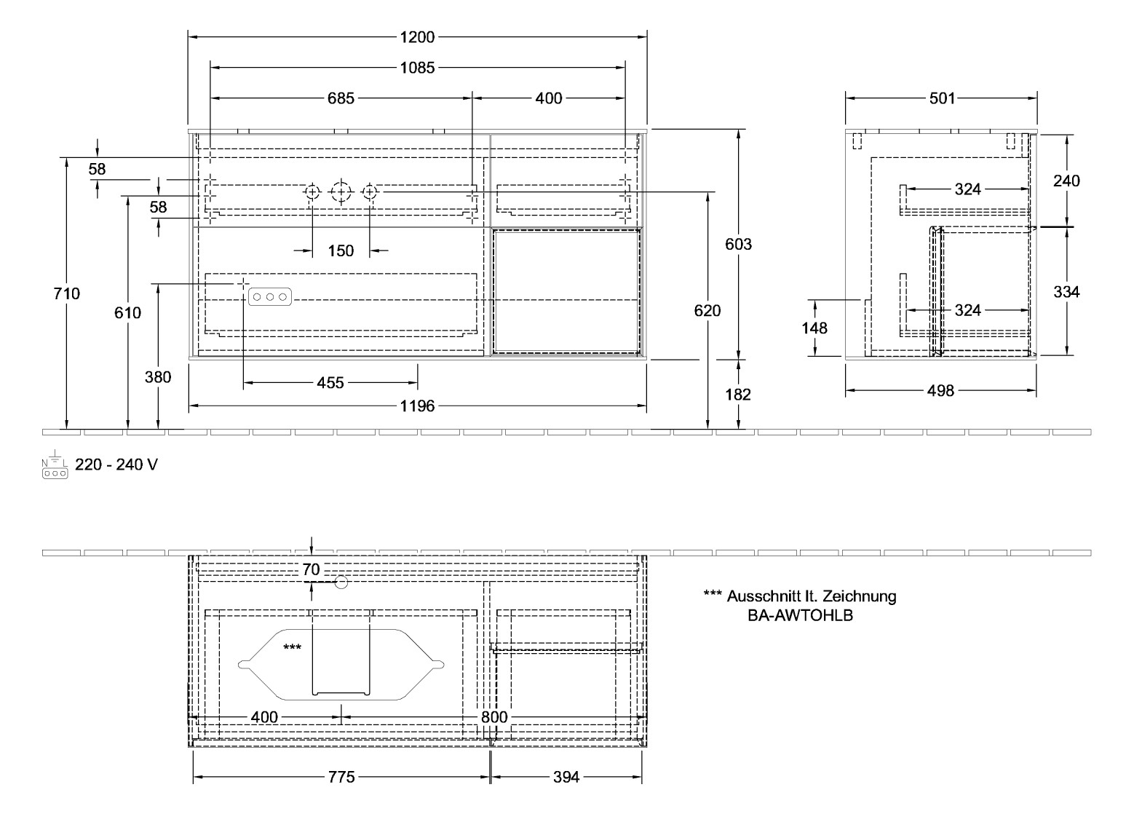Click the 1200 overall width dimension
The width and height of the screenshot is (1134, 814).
[x=417, y=36]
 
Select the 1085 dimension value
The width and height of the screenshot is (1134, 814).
[x=417, y=68]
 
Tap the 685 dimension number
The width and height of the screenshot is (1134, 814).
[x=341, y=98]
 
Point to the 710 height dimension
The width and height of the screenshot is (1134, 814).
[x=66, y=293]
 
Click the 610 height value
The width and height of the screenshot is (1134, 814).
[x=128, y=312]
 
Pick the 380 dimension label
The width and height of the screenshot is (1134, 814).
[x=158, y=376]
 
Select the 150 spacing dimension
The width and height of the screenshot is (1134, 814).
[x=341, y=251]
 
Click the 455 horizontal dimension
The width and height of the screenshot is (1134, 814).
[x=330, y=382]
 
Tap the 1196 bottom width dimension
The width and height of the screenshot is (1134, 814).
[x=417, y=406]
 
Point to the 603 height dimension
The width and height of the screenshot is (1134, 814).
[x=738, y=244]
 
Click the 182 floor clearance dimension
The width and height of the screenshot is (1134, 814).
[x=738, y=394]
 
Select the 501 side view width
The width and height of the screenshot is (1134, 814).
[x=942, y=98]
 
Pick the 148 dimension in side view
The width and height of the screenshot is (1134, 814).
[x=814, y=328]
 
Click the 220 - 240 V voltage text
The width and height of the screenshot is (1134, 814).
[x=116, y=465]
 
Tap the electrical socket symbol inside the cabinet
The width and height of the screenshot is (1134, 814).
[x=270, y=297]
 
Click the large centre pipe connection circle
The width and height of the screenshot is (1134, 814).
[x=341, y=192]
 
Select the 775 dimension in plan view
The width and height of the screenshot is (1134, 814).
[x=341, y=778]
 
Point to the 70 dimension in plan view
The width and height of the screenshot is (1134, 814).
[x=311, y=570]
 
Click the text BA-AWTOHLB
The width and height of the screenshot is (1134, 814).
[x=800, y=615]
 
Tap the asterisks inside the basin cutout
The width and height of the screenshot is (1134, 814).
[x=293, y=647]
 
